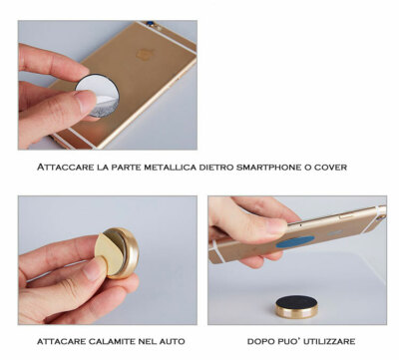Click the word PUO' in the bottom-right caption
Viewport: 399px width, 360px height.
point(290,341)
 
